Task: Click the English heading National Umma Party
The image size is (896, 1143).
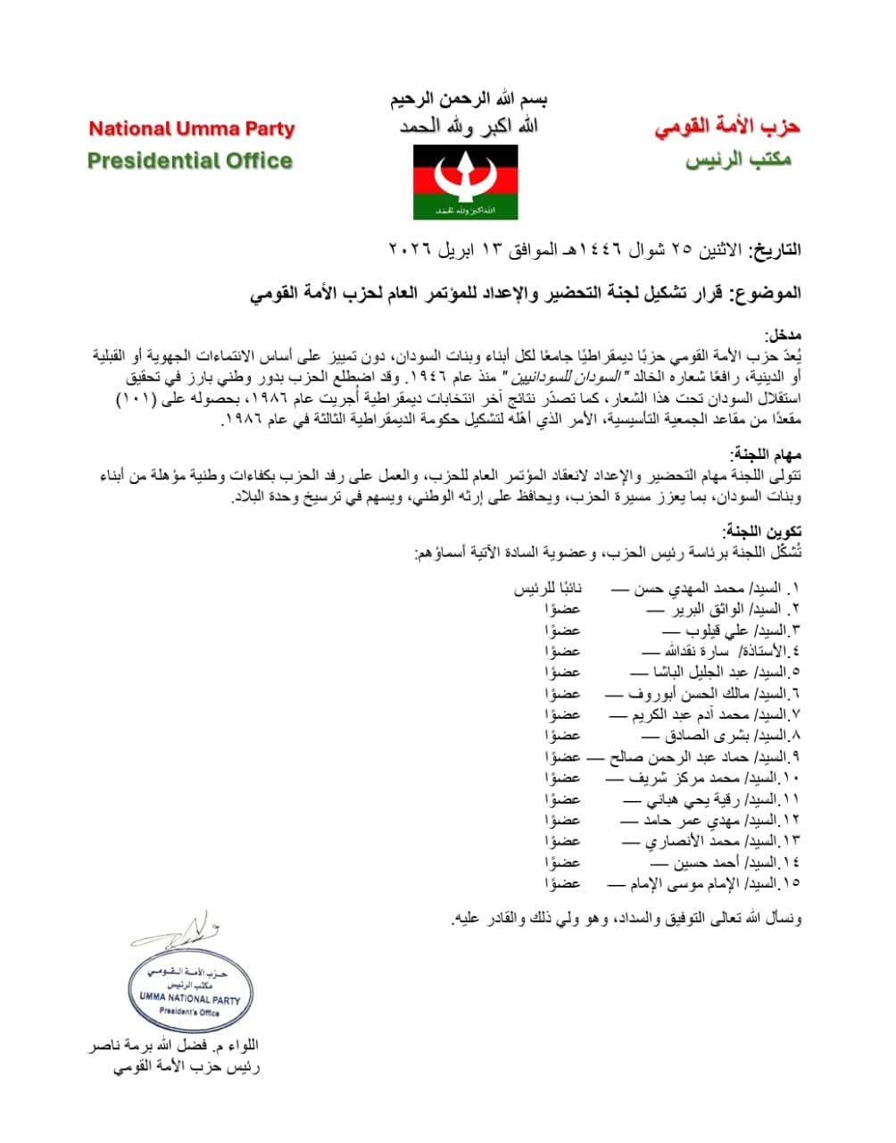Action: tap(191, 129)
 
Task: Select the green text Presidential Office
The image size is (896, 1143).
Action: tap(189, 161)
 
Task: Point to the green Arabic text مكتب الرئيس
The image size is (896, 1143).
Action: tap(737, 163)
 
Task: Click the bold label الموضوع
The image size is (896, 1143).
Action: tap(767, 293)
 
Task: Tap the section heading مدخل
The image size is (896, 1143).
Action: tap(783, 336)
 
